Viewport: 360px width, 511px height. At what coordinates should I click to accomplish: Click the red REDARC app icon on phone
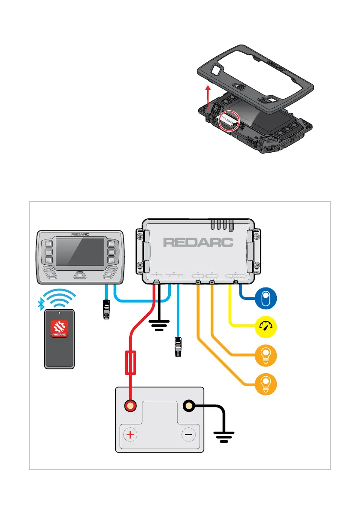coord(60,329)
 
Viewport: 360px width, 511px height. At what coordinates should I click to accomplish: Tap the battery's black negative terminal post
coord(188,406)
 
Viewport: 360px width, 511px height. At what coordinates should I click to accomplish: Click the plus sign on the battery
coord(130,434)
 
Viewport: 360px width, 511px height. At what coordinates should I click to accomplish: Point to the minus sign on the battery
coord(188,434)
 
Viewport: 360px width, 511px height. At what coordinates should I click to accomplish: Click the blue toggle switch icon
coord(266,299)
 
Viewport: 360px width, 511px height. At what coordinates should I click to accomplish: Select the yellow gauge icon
coord(266,327)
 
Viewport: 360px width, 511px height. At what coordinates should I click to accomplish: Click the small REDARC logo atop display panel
coord(80,235)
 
